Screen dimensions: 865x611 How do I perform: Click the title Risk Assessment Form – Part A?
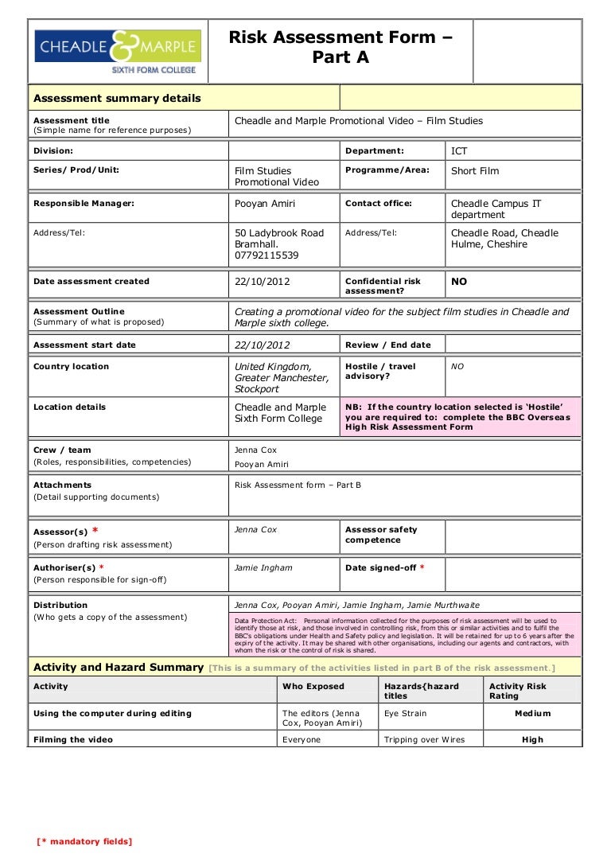coord(341,47)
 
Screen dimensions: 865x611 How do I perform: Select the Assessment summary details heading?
coord(117,99)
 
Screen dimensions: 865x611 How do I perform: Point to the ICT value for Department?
coord(460,150)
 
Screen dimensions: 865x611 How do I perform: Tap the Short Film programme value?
coord(475,170)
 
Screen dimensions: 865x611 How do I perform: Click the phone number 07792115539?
coord(267,255)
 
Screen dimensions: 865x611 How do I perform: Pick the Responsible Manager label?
coord(84,204)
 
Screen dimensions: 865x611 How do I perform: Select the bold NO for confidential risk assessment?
coord(459,282)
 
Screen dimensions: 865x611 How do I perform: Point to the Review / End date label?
coord(387,345)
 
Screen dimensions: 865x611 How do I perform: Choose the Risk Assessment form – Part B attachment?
coord(298,485)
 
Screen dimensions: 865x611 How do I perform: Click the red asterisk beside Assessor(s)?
coord(95,531)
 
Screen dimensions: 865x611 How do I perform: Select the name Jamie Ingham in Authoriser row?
coord(263,568)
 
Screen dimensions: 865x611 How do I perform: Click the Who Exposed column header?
coord(313,687)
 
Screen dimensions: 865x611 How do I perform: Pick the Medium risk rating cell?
coord(532,714)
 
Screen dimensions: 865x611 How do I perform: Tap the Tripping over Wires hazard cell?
coord(424,740)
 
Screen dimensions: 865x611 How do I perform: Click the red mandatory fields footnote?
coord(84,842)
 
